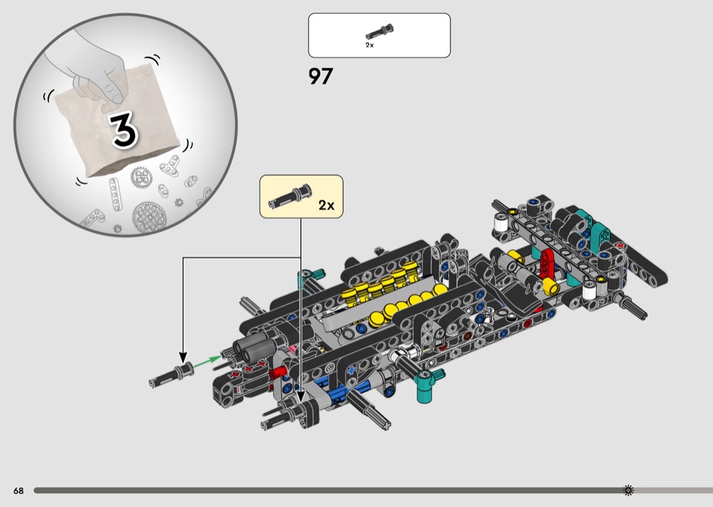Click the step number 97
pos(321,77)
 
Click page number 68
pos(18,491)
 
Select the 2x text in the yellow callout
pos(326,205)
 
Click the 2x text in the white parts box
pos(369,45)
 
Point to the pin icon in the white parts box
pos(380,32)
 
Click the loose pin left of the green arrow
pos(171,375)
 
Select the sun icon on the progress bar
pos(628,490)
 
